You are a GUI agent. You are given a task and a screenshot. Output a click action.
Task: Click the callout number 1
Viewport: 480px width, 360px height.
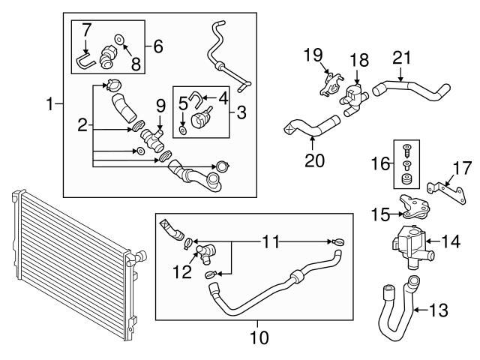pos(49,104)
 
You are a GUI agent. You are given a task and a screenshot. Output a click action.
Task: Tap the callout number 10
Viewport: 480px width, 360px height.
pos(258,338)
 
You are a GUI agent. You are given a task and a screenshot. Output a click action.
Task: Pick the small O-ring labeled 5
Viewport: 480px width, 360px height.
pos(184,132)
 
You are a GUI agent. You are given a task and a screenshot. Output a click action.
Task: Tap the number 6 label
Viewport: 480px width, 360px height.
pos(157,46)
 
